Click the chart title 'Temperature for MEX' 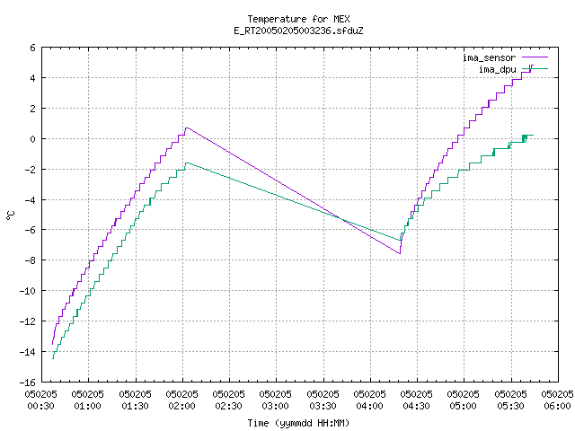click(x=298, y=19)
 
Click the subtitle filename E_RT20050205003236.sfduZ click(x=298, y=31)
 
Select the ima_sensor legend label click(x=489, y=57)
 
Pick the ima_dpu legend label click(x=497, y=69)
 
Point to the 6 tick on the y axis click(x=33, y=48)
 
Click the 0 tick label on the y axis click(x=33, y=139)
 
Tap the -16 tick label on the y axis click(x=28, y=383)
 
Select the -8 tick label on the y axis click(x=30, y=260)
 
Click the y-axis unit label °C click(x=10, y=215)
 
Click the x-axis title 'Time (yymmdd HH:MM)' click(x=298, y=423)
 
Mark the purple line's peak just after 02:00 click(x=187, y=128)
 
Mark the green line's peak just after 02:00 click(x=187, y=163)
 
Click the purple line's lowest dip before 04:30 click(x=400, y=253)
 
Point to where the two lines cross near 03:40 click(x=341, y=219)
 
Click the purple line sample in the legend click(x=535, y=57)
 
